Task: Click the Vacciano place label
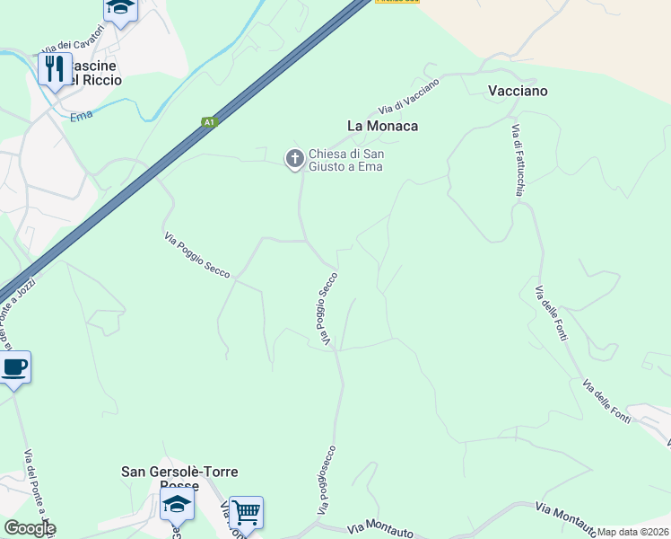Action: coord(518,91)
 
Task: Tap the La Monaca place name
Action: coord(383,126)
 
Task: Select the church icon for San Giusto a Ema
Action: coord(293,159)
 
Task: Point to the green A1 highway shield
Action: coord(209,122)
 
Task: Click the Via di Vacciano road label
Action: coord(409,96)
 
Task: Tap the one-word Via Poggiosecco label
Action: coord(327,481)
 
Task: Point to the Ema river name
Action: coord(82,118)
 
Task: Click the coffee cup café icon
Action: coord(14,367)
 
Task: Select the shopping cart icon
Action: coord(246,513)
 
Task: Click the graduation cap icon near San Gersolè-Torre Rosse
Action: coord(177,505)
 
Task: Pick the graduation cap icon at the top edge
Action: coord(119,8)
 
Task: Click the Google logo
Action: coord(30,528)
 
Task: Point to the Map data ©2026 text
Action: coord(632,532)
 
